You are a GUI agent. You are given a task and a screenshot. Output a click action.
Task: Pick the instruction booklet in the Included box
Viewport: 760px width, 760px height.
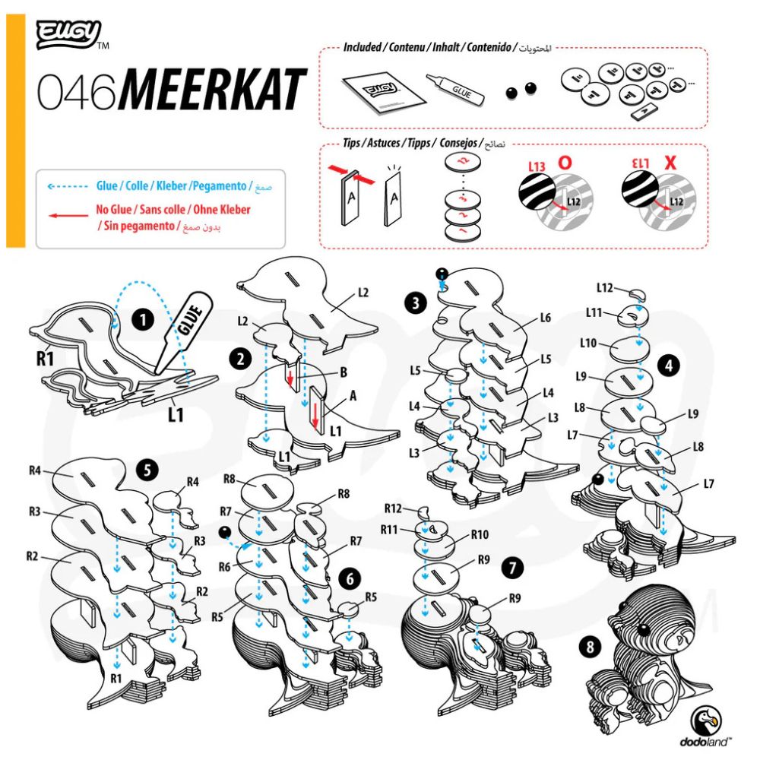(x=378, y=95)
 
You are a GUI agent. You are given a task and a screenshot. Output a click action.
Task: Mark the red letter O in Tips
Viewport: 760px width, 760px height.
(x=565, y=163)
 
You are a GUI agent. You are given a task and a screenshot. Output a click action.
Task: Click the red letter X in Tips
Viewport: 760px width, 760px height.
(x=670, y=163)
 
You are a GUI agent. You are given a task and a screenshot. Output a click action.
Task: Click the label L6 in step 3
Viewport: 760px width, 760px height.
(x=544, y=318)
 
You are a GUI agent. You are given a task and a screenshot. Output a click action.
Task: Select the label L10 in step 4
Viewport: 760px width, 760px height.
(x=587, y=343)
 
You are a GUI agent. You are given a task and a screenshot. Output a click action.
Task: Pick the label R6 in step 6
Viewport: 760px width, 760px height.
(x=224, y=566)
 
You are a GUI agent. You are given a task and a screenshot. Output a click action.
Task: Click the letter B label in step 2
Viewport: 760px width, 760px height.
(x=344, y=373)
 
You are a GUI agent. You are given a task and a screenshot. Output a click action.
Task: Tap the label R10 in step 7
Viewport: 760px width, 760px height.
(x=479, y=534)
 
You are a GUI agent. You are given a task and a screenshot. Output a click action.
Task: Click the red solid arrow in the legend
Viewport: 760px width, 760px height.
(x=65, y=215)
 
